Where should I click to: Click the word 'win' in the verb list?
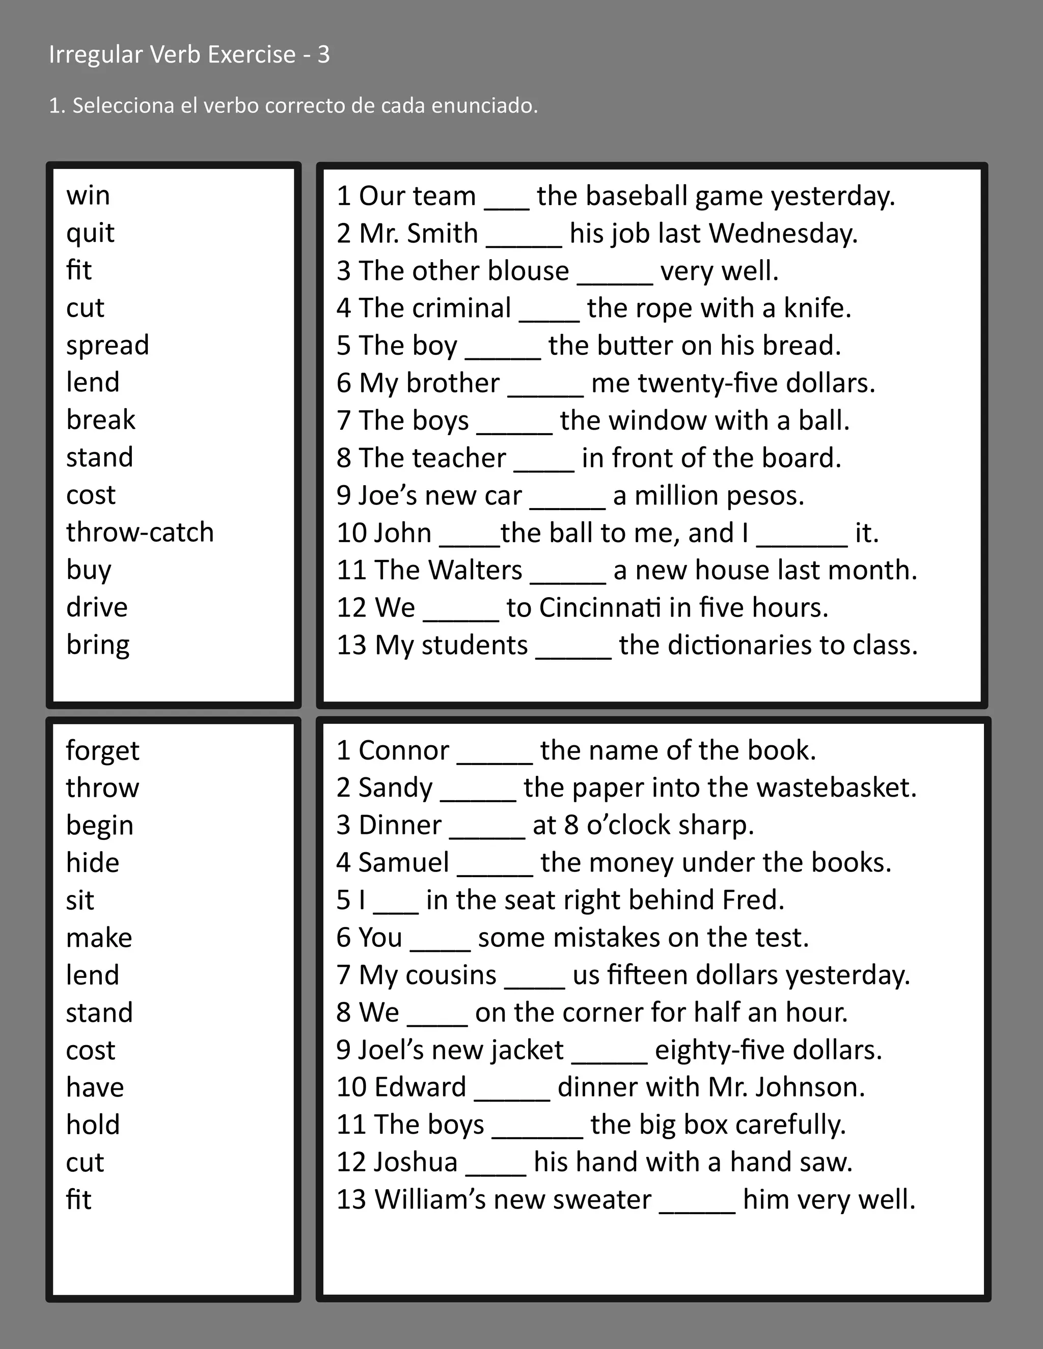click(x=88, y=196)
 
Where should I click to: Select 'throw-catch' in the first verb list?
click(x=140, y=532)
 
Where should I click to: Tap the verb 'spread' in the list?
click(x=107, y=345)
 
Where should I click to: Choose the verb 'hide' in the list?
click(x=93, y=863)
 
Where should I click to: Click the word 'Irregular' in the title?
click(x=96, y=55)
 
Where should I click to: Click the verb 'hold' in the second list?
click(x=93, y=1125)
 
